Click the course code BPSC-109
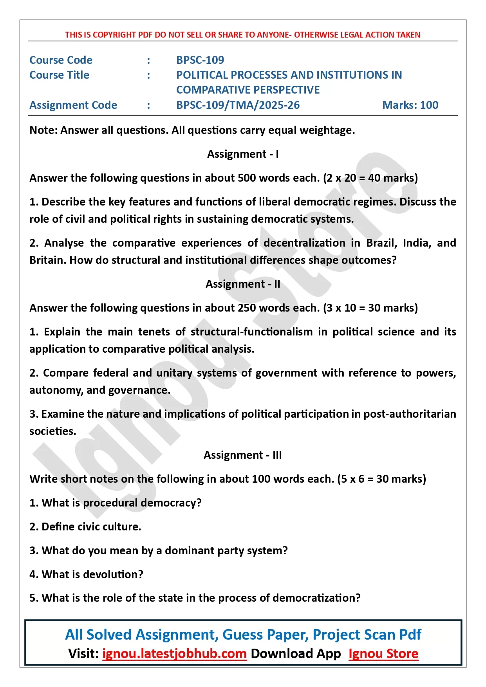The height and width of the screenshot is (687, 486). pos(200,60)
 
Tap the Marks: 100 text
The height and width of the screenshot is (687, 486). pos(410,105)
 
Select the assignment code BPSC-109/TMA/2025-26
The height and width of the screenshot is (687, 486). pos(238,105)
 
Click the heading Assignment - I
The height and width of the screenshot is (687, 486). pos(243,154)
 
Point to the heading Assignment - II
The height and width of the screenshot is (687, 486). pos(243,284)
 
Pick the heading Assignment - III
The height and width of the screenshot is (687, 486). pos(243,455)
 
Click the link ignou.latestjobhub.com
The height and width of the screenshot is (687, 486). pos(174,653)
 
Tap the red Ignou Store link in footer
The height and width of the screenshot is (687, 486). pos(383,653)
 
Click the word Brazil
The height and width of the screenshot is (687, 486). pos(381,243)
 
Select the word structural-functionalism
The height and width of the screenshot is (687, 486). pos(251,332)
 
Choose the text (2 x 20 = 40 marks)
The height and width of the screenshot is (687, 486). pos(370,178)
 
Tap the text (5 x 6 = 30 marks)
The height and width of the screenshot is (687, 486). pos(381,479)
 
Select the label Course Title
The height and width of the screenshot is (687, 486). pos(60,75)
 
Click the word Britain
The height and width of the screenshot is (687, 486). pos(47,260)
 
